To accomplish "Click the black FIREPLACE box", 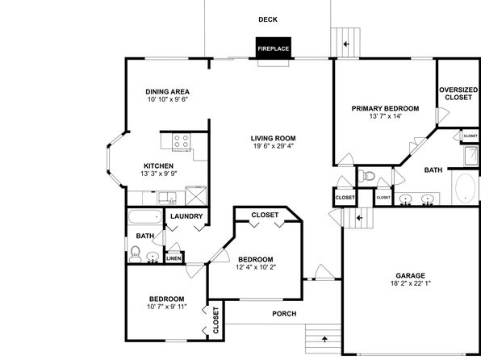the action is click(274, 48).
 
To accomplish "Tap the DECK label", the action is click(268, 19).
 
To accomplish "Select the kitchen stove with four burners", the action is click(181, 141).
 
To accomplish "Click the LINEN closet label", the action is click(174, 258).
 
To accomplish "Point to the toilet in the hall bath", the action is click(135, 254).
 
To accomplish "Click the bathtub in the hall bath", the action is click(145, 217).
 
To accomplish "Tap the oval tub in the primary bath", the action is click(465, 188).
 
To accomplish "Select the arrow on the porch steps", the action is click(324, 339).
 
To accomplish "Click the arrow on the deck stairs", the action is click(346, 44).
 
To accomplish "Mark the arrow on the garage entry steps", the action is click(359, 218).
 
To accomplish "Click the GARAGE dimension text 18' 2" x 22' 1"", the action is click(411, 283).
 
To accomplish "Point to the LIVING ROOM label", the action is click(273, 138).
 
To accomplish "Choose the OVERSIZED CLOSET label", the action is click(458, 94).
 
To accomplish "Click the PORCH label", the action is click(284, 314).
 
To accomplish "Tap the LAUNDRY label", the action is click(186, 216).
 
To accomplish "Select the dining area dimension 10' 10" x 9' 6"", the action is click(168, 99).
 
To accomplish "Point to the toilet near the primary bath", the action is click(366, 176).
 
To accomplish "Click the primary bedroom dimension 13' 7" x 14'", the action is click(385, 116).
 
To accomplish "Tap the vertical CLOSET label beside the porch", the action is click(215, 320).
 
